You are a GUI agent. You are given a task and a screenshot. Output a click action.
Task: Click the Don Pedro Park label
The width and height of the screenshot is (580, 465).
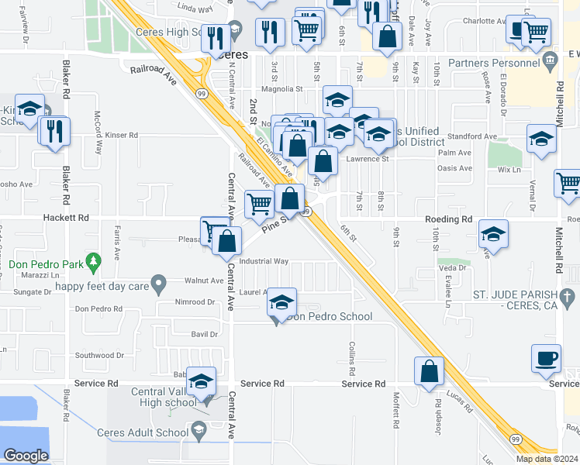(x=46, y=263)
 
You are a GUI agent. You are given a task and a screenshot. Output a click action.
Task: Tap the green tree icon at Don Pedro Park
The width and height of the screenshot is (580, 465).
(x=94, y=263)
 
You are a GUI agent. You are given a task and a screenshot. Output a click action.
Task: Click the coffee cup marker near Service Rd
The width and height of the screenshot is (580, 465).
(x=545, y=360)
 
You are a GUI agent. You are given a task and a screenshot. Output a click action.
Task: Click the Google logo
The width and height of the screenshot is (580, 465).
(x=26, y=456)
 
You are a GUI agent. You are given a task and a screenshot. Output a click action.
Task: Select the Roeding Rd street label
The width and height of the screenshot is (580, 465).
(x=448, y=219)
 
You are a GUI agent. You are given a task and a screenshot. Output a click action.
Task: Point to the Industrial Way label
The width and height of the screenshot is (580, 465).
(x=264, y=261)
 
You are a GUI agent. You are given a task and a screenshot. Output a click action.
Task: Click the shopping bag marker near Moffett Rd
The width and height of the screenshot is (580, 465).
(x=430, y=372)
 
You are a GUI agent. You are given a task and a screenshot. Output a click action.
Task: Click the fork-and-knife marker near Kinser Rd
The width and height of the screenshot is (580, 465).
(x=55, y=131)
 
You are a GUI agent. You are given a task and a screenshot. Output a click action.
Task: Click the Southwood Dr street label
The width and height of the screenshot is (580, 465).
(x=95, y=356)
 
